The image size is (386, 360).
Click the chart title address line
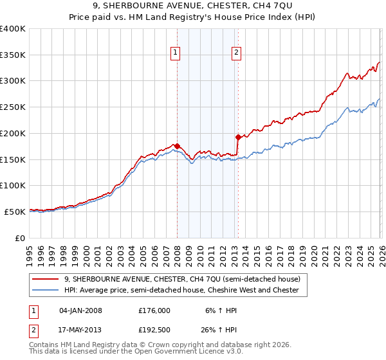(x=193, y=6)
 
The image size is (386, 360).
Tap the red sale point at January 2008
(x=177, y=146)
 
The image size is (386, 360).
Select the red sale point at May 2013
(x=238, y=137)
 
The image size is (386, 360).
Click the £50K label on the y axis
(x=15, y=212)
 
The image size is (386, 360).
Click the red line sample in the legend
(x=46, y=279)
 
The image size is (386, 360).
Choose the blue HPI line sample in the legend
(x=46, y=291)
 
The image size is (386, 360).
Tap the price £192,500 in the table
(x=154, y=329)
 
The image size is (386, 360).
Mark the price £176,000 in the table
(x=154, y=310)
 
